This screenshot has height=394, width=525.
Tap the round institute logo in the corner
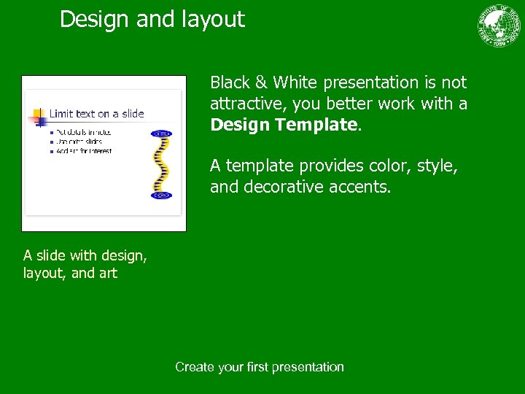[501, 26]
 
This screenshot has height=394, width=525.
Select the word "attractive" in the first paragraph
[246, 104]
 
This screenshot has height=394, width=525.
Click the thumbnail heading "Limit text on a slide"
[96, 114]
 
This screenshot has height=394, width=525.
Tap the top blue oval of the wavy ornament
[160, 134]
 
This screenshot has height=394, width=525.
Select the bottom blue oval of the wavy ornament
[160, 196]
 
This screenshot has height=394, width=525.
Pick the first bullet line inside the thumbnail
[84, 132]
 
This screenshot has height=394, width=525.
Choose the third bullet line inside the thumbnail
[84, 151]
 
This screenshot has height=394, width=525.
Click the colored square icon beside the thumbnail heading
[36, 115]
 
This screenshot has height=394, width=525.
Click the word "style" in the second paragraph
[437, 166]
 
